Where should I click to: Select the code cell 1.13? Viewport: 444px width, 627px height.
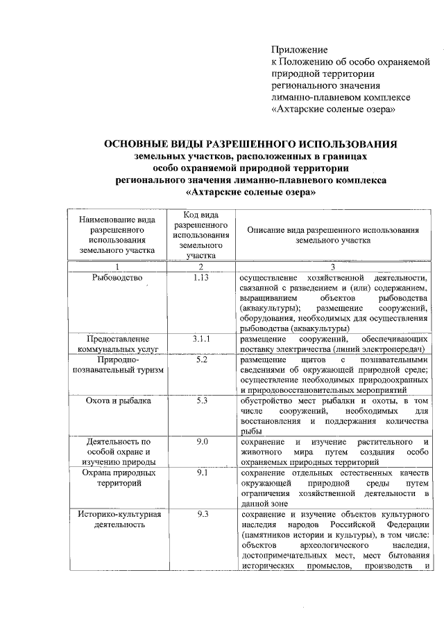tap(200, 278)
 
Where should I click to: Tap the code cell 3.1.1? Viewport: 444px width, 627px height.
tap(200, 339)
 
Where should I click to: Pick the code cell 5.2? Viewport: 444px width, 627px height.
tap(200, 360)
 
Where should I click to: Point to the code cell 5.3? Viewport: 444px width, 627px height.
tap(200, 400)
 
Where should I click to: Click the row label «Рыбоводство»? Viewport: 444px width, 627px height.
tap(117, 278)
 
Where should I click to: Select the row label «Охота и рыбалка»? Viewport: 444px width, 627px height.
tap(117, 400)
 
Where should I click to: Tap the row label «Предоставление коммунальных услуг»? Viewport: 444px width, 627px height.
tap(117, 344)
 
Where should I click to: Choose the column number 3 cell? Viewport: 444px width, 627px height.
tap(332, 267)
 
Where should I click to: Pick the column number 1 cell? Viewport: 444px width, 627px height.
tap(117, 267)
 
